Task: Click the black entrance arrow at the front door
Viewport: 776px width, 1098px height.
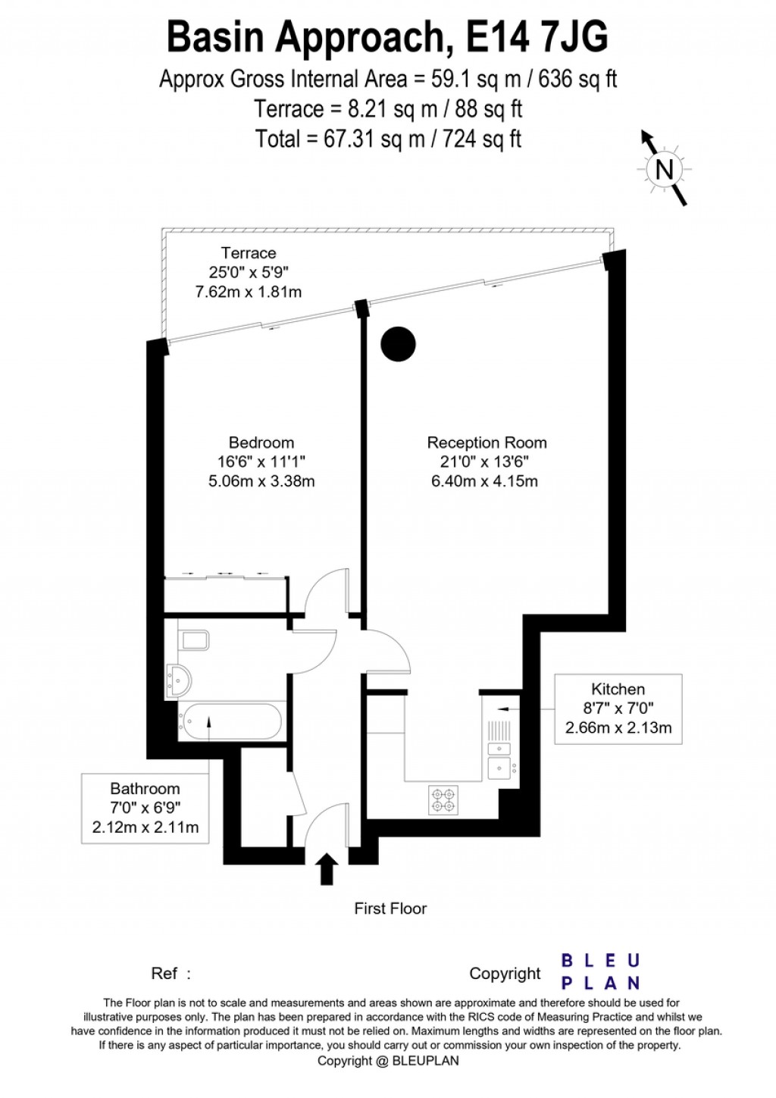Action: pos(327,868)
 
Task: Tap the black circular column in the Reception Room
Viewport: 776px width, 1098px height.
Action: pos(398,344)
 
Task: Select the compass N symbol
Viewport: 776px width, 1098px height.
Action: pos(665,169)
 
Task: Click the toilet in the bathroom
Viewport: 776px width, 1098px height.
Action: pos(193,640)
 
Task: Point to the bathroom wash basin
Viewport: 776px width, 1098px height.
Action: pos(180,680)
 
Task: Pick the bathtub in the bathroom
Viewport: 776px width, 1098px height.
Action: pos(231,721)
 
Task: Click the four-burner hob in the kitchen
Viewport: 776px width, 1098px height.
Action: pos(444,799)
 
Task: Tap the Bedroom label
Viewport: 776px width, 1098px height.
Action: pos(261,443)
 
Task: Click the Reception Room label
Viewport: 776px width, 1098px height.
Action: pos(487,443)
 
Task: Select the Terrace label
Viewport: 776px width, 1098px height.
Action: pos(249,253)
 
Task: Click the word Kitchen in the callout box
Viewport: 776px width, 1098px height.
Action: pos(618,689)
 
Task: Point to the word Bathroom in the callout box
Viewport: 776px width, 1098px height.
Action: pos(145,788)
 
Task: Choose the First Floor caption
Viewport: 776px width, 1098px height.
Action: pos(390,909)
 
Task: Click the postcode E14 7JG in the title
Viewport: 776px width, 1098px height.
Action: pos(537,36)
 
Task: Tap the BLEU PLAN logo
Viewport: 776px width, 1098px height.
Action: pos(601,972)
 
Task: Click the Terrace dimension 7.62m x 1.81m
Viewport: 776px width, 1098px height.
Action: pos(249,292)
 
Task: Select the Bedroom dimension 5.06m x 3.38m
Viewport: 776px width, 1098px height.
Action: pos(261,481)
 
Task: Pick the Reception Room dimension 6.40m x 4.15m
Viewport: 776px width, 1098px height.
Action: pos(485,481)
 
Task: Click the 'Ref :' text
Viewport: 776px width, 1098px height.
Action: pos(171,974)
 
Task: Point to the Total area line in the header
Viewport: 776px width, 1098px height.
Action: pos(388,139)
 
